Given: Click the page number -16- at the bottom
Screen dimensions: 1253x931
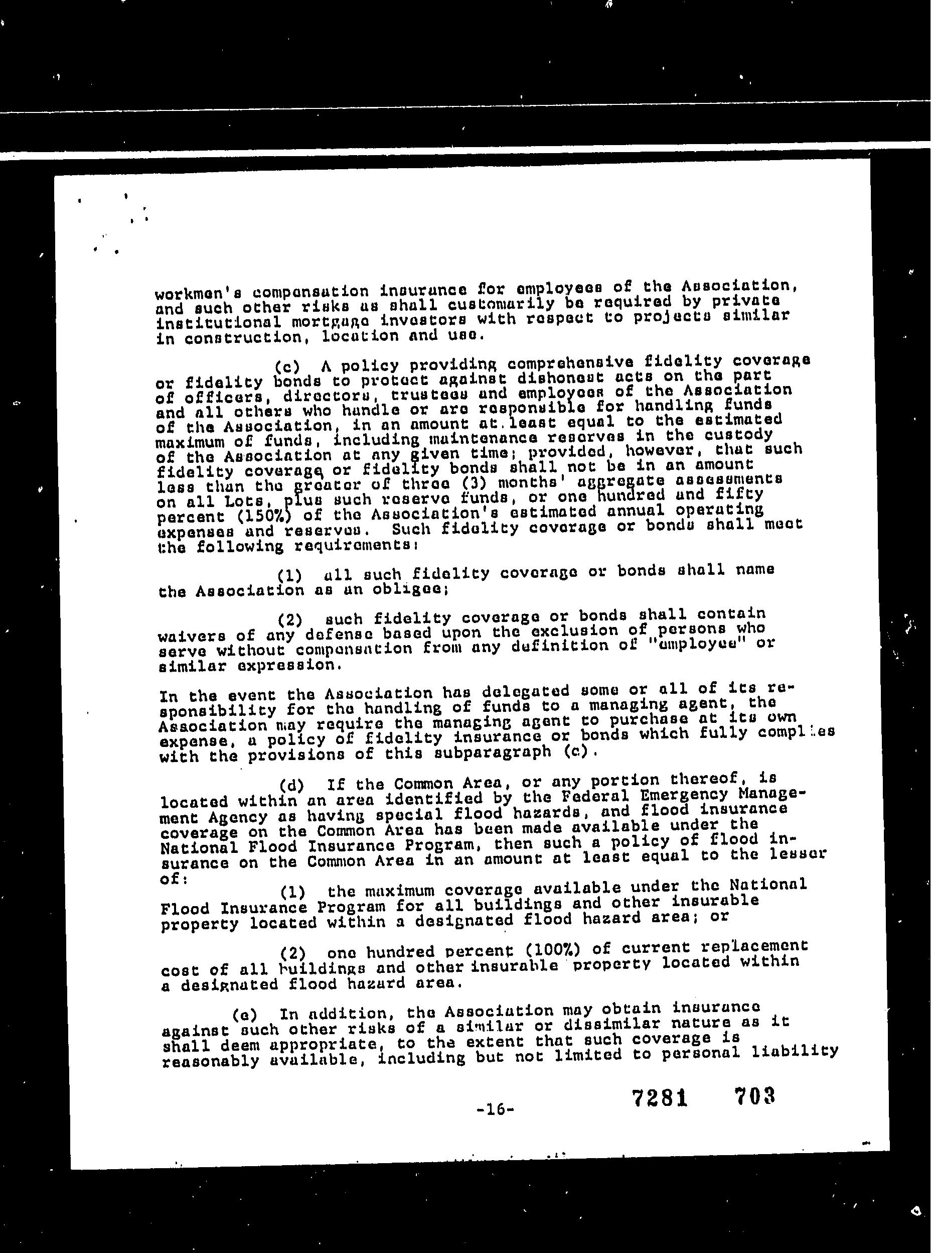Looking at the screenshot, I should click(x=495, y=1110).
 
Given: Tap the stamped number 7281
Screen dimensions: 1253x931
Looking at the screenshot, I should click(x=659, y=1097).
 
